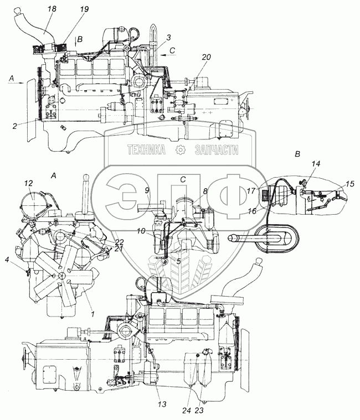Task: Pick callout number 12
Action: tap(29, 183)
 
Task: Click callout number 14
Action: tap(315, 164)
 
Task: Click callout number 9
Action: tap(147, 190)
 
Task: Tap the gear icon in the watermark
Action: tap(181, 150)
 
